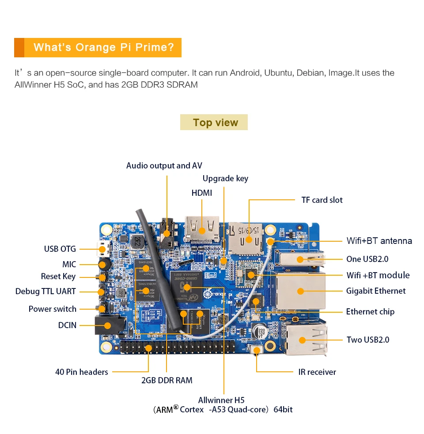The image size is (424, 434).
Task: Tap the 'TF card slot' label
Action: (x=322, y=200)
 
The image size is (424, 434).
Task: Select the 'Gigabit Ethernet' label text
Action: (x=375, y=291)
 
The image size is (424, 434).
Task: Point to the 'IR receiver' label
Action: (x=317, y=372)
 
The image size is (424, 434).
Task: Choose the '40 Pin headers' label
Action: (x=81, y=372)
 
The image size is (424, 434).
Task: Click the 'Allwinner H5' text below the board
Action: (x=221, y=400)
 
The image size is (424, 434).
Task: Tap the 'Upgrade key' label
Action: (x=225, y=178)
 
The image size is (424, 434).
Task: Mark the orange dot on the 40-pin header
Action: (x=148, y=348)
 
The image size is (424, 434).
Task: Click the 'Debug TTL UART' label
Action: (x=45, y=291)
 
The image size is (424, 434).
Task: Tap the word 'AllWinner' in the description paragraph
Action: (x=33, y=84)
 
